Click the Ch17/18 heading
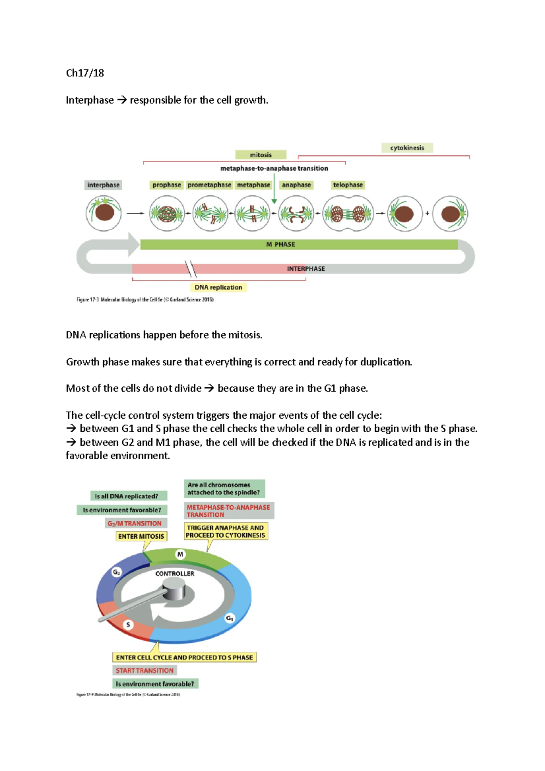[85, 73]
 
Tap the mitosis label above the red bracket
[261, 155]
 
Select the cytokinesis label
[407, 148]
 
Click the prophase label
[167, 185]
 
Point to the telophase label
[348, 185]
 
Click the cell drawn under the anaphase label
[296, 213]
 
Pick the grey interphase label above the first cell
[104, 185]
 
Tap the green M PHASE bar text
[281, 244]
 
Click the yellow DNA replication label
[218, 287]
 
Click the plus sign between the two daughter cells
[427, 213]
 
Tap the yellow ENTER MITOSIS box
[141, 536]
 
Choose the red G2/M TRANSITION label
[134, 523]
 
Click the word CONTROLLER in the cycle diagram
[174, 573]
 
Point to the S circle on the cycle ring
[128, 625]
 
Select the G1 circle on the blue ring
[230, 618]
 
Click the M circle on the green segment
[180, 554]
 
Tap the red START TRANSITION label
[144, 670]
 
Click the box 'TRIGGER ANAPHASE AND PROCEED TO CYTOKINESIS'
[226, 531]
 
